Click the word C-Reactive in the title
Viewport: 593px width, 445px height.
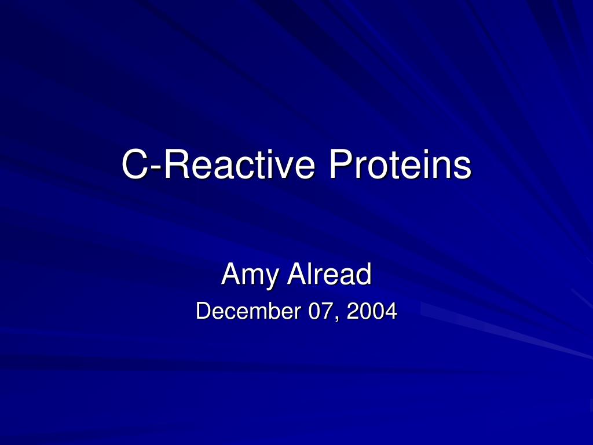pos(218,164)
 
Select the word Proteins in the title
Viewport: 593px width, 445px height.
pos(400,164)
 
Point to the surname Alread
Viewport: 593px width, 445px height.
pos(330,273)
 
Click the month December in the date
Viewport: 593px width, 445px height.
pos(248,311)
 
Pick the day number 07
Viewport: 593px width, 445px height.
pos(321,311)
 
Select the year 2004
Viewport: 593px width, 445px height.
pos(372,311)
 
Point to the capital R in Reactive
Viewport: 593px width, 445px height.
pos(176,164)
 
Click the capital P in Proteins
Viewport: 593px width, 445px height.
pos(341,164)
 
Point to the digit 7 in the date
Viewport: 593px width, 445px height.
pos(327,311)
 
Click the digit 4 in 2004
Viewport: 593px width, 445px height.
pos(391,311)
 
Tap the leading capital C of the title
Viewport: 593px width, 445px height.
pos(134,164)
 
